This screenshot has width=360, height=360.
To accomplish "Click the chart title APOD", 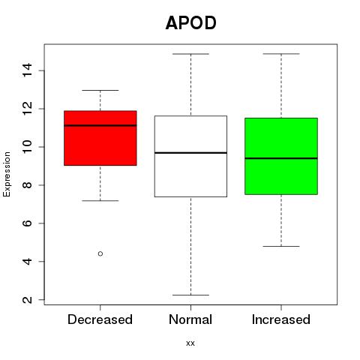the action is click(x=190, y=23).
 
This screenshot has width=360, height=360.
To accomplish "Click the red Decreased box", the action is click(x=100, y=138).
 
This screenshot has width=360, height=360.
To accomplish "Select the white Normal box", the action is click(x=190, y=156).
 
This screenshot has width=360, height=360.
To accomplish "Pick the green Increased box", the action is click(x=281, y=156).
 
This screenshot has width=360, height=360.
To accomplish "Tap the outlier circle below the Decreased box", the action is click(x=100, y=253).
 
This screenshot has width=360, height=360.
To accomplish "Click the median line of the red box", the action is click(x=100, y=125).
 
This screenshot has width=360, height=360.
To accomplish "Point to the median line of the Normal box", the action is click(x=190, y=152).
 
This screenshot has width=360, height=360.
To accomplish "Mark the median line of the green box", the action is click(x=281, y=158).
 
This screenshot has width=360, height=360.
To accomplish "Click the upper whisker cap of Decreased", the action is click(x=100, y=90).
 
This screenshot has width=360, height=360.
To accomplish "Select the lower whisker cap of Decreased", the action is click(x=100, y=200).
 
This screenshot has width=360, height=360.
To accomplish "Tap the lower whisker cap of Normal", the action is click(x=190, y=295).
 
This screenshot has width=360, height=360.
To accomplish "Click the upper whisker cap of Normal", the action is click(x=190, y=54).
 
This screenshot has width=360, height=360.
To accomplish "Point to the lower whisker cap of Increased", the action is click(x=281, y=246).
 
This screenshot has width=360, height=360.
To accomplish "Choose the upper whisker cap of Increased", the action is click(x=281, y=53).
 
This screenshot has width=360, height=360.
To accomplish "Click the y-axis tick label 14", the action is click(x=28, y=70).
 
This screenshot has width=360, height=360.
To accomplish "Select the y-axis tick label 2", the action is click(x=28, y=299).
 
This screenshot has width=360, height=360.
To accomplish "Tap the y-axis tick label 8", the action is click(x=28, y=185).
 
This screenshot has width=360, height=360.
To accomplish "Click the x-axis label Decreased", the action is click(x=100, y=319).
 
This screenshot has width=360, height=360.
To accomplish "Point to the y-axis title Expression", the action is click(x=7, y=174).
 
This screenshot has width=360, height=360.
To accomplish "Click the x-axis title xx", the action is click(x=190, y=343).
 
